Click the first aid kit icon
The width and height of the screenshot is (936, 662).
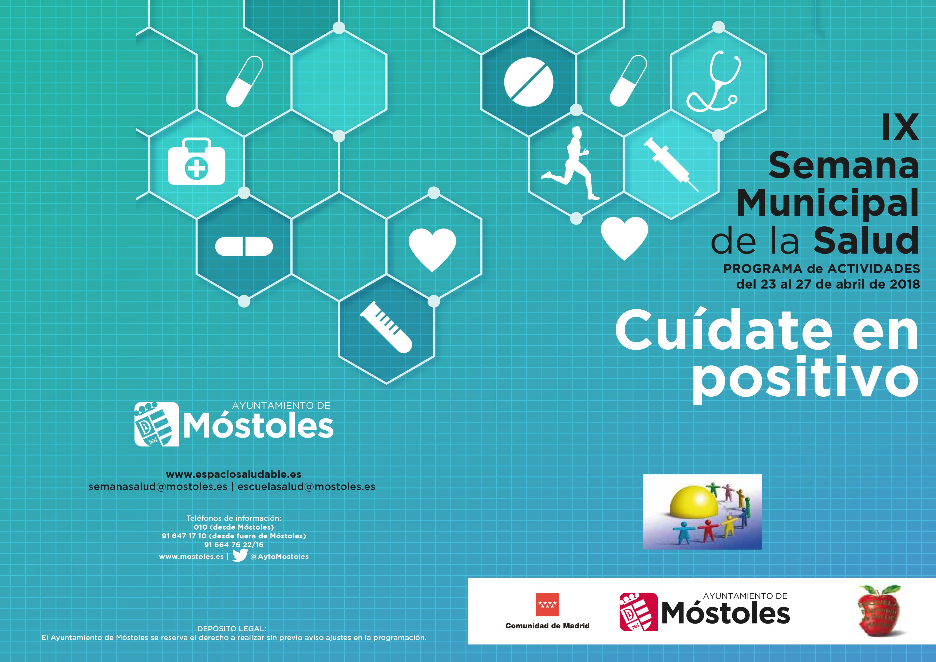pyautogui.click(x=196, y=162)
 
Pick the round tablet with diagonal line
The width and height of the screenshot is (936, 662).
pyautogui.click(x=528, y=82)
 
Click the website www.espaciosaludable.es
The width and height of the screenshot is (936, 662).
pyautogui.click(x=234, y=474)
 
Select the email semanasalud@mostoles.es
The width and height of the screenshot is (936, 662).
pyautogui.click(x=158, y=487)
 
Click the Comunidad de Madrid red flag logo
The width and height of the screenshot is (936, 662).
pyautogui.click(x=547, y=605)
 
